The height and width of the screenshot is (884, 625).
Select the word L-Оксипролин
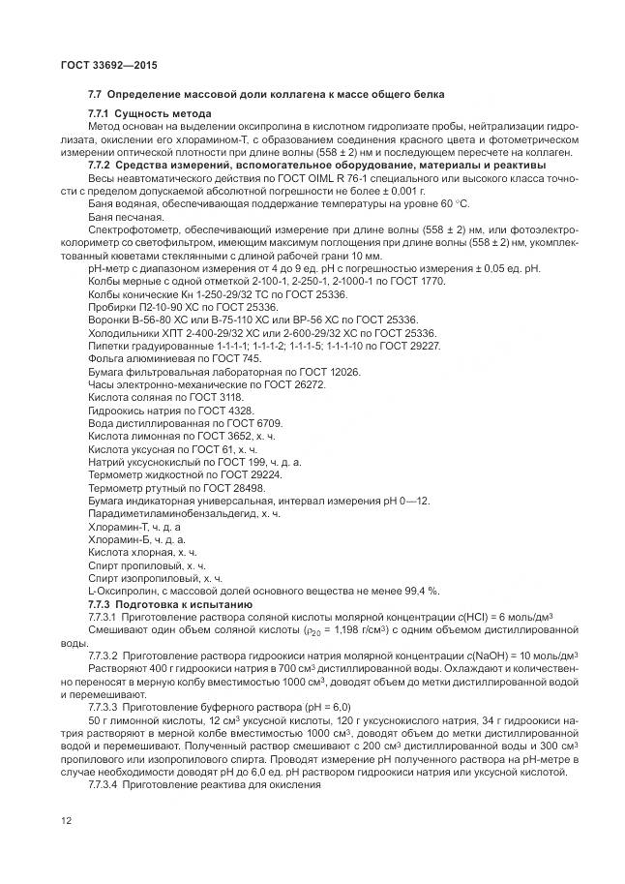pyautogui.click(x=118, y=590)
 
